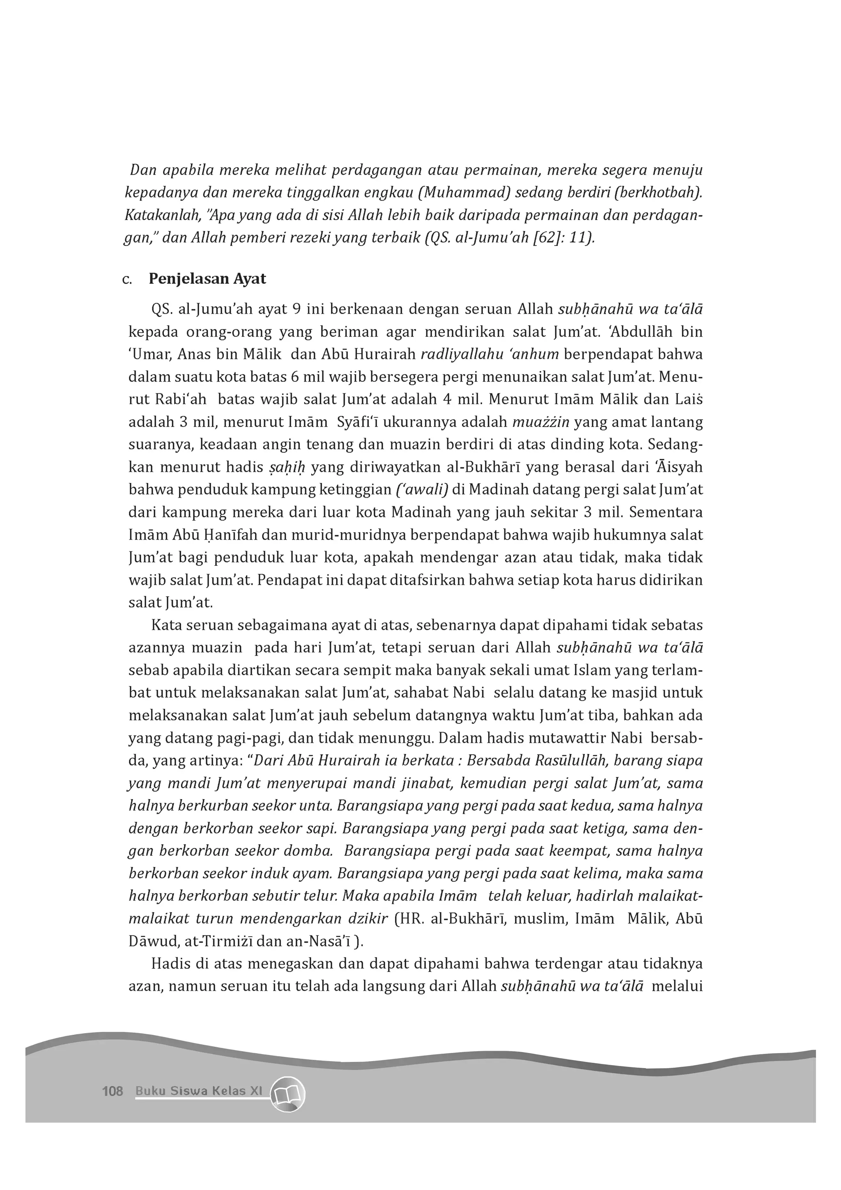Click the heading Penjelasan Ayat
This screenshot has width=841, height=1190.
click(207, 279)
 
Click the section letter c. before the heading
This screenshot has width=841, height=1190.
click(127, 280)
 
